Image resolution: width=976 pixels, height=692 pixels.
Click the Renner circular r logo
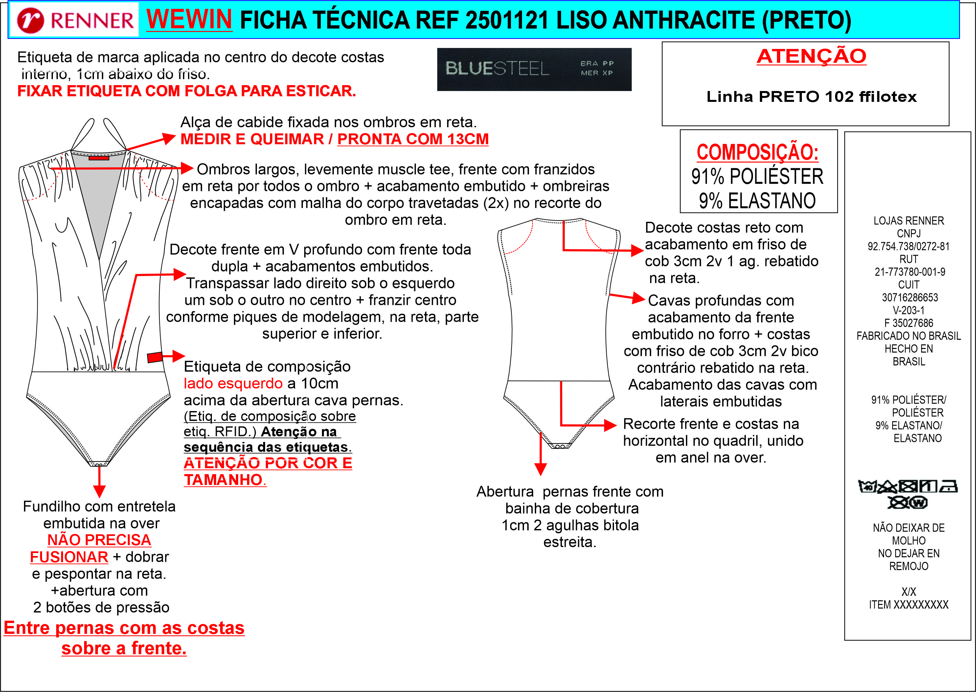pos(30,20)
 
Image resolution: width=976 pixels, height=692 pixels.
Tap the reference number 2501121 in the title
pos(507,20)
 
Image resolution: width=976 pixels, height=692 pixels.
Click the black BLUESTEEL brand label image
pos(534,69)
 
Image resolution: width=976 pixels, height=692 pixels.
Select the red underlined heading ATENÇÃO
pos(811,56)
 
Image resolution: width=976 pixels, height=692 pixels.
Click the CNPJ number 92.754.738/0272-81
pos(908,246)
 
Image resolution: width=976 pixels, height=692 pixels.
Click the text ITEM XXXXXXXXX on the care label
pos(908,605)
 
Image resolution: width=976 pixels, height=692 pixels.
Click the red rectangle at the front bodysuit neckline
pos(99,158)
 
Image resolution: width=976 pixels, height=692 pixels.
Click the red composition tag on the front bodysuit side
pos(155,357)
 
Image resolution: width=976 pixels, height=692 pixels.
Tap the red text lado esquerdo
pos(233,383)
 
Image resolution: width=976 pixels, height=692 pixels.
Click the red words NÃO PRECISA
pos(99,540)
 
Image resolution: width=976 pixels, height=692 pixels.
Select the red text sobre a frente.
pos(124,648)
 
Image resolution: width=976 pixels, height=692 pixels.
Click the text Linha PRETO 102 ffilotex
pos(811,97)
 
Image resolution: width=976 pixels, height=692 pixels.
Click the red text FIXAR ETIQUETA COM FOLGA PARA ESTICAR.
pos(186,91)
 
